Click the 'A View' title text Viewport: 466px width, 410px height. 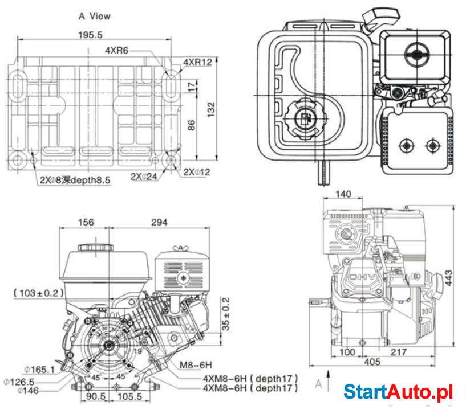click(x=94, y=16)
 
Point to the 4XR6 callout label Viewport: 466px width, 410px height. click(x=117, y=50)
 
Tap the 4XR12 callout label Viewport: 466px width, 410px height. click(x=197, y=61)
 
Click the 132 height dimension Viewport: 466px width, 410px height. click(x=211, y=107)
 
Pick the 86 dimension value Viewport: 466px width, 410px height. click(x=192, y=124)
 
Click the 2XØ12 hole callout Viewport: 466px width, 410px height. click(x=197, y=171)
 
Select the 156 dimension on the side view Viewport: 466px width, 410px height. click(x=85, y=222)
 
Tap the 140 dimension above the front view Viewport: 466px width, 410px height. click(x=342, y=194)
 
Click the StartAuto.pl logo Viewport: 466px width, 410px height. click(x=398, y=392)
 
